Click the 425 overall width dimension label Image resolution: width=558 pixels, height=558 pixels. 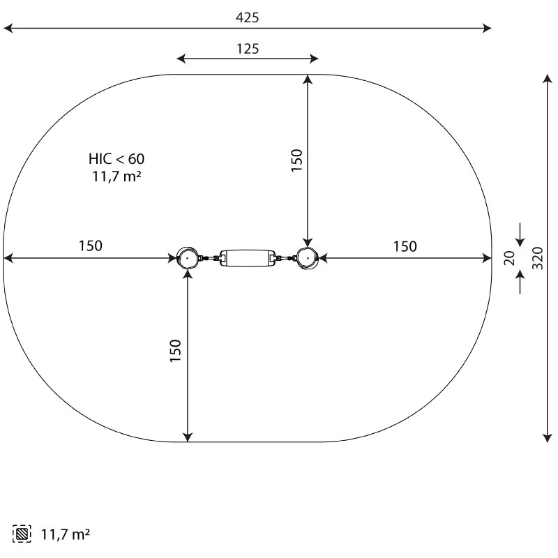[248, 17]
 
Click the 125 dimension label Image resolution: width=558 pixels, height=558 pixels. [248, 49]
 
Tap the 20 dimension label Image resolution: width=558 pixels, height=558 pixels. [510, 258]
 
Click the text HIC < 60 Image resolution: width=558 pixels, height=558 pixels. [116, 159]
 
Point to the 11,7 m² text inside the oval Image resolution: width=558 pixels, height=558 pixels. [116, 176]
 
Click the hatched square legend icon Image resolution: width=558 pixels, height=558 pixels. [22, 534]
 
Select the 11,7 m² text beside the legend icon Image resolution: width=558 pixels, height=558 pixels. [66, 534]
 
